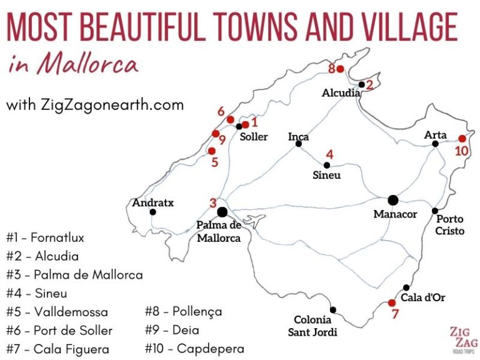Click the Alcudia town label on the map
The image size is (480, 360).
pyautogui.click(x=341, y=93)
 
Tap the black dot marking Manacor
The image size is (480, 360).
pyautogui.click(x=392, y=200)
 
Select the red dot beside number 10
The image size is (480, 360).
pyautogui.click(x=462, y=139)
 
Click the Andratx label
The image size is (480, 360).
pyautogui.click(x=152, y=202)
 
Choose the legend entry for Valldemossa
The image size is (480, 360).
pyautogui.click(x=57, y=312)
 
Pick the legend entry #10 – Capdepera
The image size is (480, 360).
pyautogui.click(x=194, y=348)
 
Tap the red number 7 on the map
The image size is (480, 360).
pyautogui.click(x=394, y=314)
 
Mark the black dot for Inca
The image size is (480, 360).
pyautogui.click(x=299, y=145)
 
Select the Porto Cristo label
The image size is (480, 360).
pyautogui.click(x=450, y=225)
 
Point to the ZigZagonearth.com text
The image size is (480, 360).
pyautogui.click(x=95, y=104)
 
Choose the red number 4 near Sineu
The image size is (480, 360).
pyautogui.click(x=329, y=154)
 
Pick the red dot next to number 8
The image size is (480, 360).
pyautogui.click(x=340, y=69)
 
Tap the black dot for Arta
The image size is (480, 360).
pyautogui.click(x=435, y=144)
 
